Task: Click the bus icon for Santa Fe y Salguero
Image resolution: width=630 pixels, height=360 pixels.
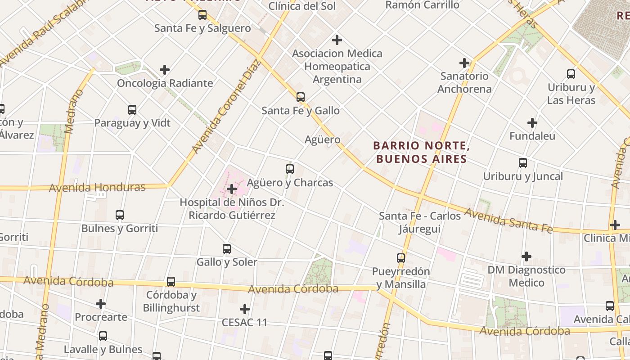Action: point(202,15)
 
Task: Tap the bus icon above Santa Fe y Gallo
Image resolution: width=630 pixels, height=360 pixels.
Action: point(301,97)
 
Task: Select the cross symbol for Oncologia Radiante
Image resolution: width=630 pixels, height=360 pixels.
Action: point(165,70)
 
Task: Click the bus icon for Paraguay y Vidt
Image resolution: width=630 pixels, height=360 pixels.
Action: point(132,110)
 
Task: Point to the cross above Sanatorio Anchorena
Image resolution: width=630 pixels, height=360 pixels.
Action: point(464,63)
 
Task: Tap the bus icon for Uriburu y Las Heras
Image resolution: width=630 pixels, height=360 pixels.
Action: point(571,74)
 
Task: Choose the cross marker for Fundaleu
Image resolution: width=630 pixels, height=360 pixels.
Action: point(532,123)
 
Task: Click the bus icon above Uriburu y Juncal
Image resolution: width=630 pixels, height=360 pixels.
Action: point(523,163)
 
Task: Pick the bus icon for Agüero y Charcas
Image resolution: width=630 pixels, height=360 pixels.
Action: point(290,169)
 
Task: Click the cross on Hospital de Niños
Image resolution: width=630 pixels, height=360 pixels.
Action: point(232,189)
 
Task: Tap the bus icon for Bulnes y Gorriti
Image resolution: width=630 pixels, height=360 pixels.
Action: point(120,215)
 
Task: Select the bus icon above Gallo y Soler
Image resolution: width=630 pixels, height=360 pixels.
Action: point(227,249)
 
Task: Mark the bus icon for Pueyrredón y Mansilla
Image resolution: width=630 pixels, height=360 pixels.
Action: point(401,258)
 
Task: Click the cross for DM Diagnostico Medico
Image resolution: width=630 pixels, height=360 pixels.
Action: point(526,257)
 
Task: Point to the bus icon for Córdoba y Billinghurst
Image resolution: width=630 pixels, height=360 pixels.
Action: point(171,282)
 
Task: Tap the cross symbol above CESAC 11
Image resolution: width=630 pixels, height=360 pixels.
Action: point(245,309)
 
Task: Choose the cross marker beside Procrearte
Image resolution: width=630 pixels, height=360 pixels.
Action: point(101,304)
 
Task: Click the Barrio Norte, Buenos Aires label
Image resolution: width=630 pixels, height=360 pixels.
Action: point(422,152)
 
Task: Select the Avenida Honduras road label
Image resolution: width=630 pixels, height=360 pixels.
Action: point(97,187)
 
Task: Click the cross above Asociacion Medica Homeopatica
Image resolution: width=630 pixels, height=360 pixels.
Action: point(337,40)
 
